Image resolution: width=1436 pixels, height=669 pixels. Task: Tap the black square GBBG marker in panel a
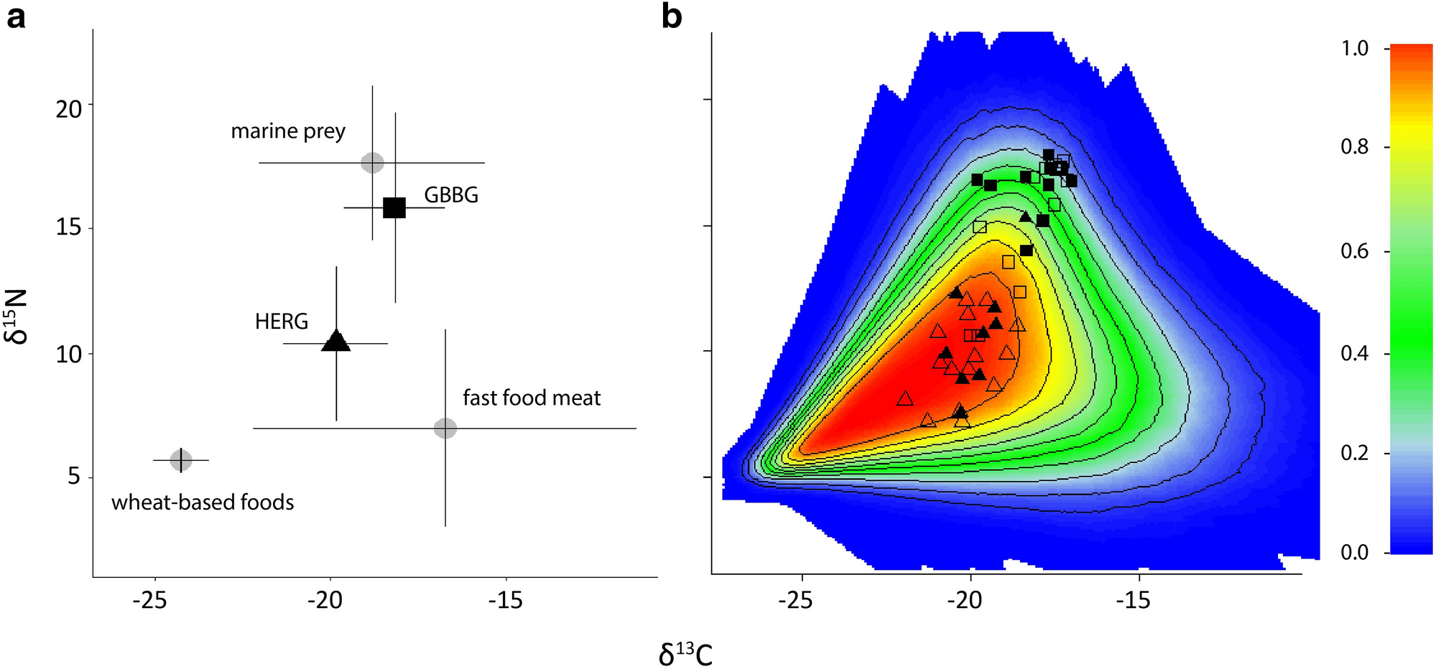point(394,207)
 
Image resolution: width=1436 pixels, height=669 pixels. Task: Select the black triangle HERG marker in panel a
point(336,342)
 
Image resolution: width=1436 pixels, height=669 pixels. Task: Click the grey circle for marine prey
point(372,162)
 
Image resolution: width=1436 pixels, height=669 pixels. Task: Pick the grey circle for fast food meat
point(445,428)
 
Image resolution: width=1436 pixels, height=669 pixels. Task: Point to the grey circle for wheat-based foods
point(181,460)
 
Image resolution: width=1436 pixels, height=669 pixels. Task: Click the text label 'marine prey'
point(288,131)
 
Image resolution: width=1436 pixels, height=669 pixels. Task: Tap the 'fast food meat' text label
point(532,398)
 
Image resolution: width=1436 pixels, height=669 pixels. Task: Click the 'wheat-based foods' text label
point(203,502)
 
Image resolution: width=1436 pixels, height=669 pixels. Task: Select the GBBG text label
point(451,195)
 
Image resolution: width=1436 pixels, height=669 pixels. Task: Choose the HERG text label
point(282,322)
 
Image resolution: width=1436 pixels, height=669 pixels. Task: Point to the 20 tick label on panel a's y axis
point(70,110)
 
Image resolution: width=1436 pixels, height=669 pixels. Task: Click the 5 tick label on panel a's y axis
point(75,477)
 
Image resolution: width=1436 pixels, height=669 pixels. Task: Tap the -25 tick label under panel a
point(150,600)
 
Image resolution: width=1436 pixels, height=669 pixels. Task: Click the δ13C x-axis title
point(685,654)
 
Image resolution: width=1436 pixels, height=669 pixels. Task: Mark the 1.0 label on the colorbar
point(1355,49)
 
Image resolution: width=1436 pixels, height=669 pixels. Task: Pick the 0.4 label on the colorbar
point(1355,354)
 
